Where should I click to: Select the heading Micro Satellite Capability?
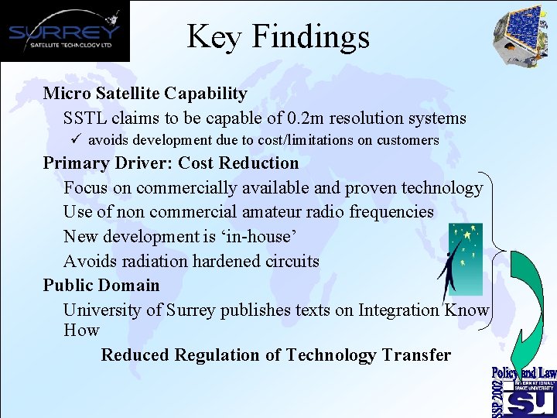(x=145, y=94)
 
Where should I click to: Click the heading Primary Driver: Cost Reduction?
(x=170, y=163)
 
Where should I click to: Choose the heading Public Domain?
(x=101, y=285)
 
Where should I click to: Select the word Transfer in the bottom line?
(x=415, y=355)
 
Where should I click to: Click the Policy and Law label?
(x=524, y=373)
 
